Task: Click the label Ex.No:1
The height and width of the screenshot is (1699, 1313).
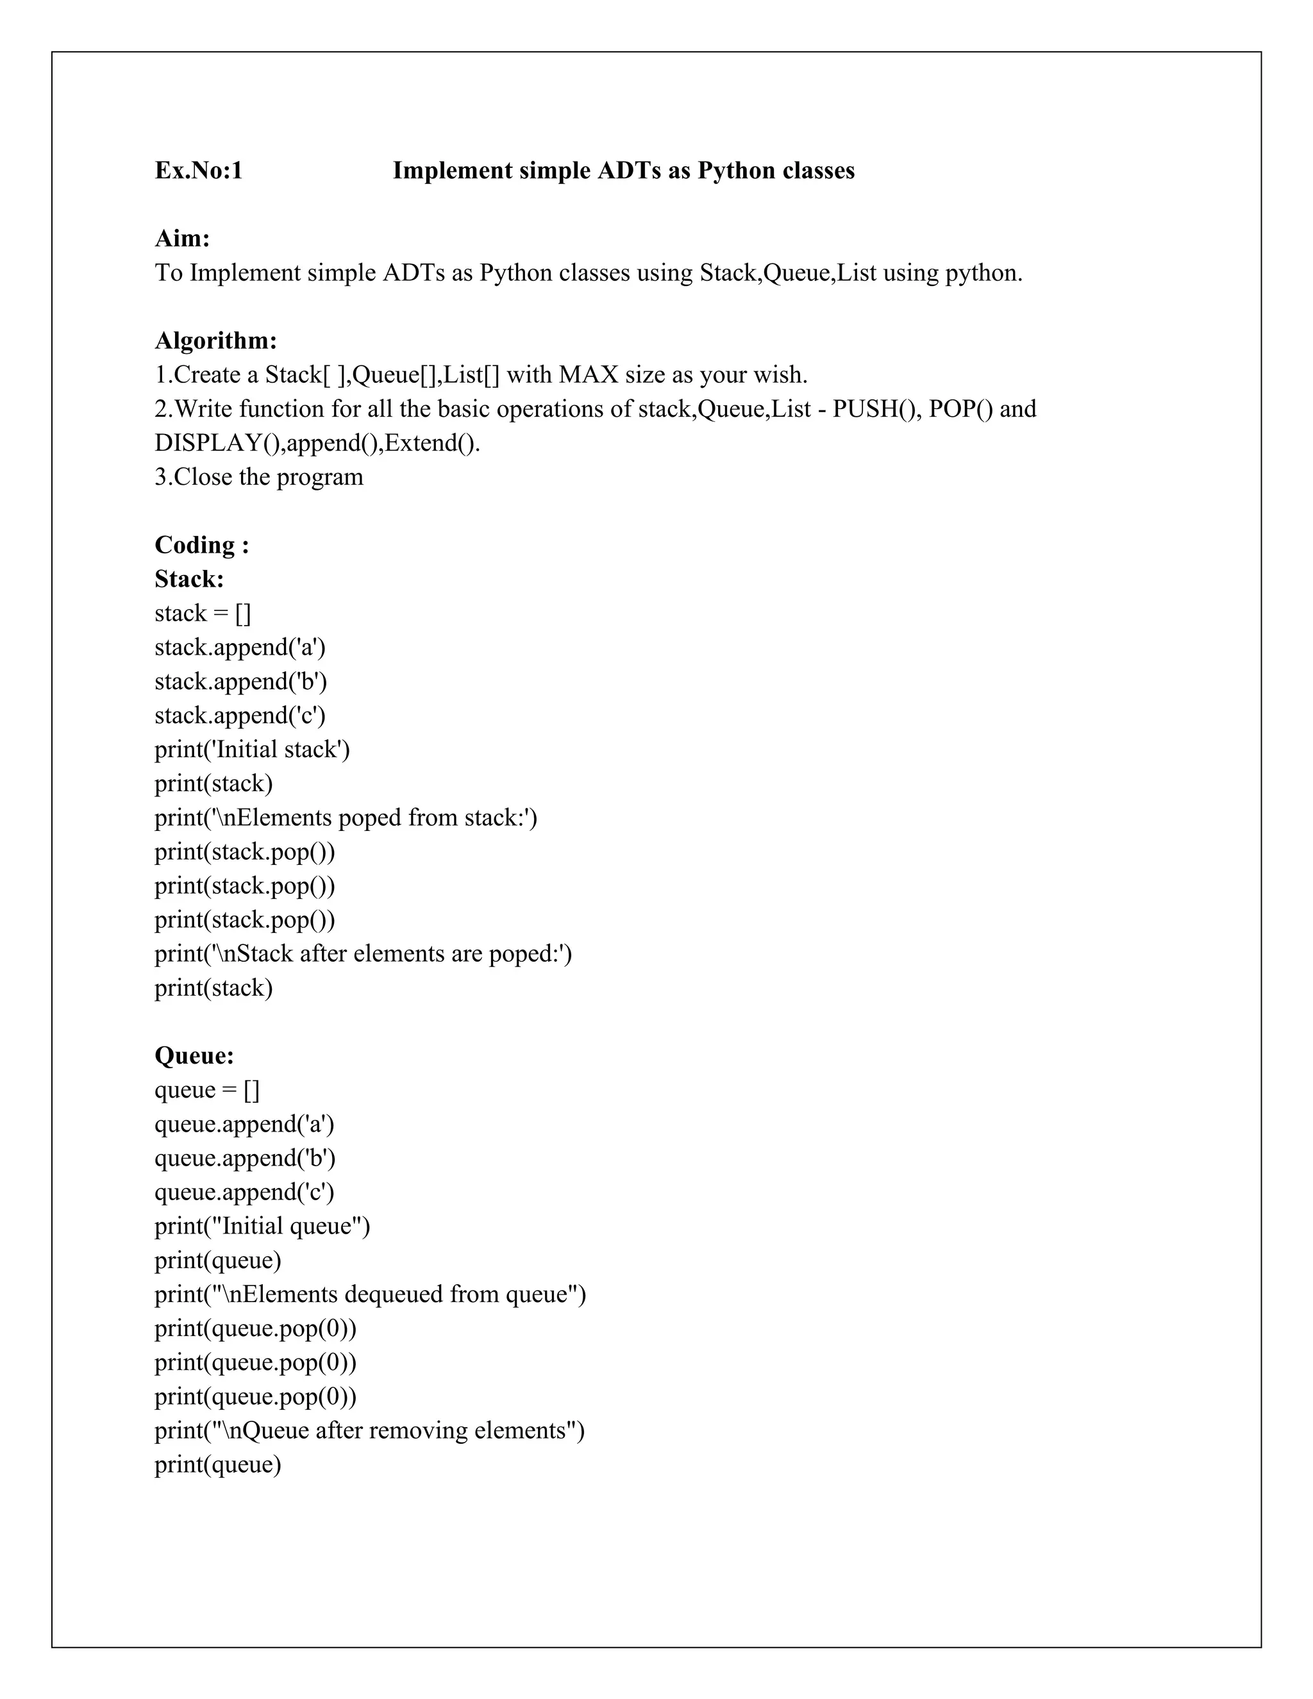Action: pos(198,171)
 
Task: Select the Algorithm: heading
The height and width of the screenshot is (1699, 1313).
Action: pos(215,340)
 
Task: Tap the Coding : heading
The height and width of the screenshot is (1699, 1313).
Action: pos(201,544)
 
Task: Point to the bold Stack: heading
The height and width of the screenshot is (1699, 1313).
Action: pos(189,579)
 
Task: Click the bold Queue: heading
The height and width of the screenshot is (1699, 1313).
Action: pos(194,1056)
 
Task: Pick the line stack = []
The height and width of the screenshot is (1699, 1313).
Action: pos(202,613)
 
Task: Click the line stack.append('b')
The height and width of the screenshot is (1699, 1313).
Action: pos(240,682)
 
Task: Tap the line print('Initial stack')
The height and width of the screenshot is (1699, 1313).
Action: pos(252,749)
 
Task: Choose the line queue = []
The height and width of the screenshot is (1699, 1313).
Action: pos(207,1090)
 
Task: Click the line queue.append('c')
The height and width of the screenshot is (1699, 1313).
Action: pos(244,1192)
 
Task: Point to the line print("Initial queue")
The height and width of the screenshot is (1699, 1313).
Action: pos(262,1226)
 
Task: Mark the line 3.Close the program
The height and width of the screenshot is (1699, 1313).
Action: pos(258,477)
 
